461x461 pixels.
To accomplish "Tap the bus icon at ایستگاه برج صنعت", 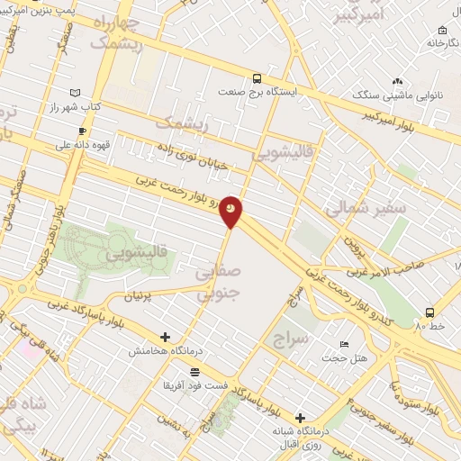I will point(257,78).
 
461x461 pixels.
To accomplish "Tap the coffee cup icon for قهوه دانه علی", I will point(94,131).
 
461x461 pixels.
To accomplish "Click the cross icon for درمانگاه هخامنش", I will point(165,337).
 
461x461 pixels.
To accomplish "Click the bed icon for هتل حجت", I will point(343,345).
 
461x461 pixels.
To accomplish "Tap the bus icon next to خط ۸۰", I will point(429,312).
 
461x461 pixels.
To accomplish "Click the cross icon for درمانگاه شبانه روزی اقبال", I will point(301,419).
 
